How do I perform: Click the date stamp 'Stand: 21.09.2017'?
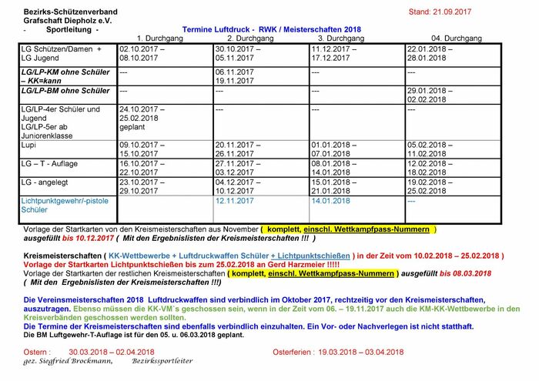[x=439, y=12]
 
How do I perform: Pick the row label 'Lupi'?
[x=30, y=144]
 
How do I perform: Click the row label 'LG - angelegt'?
[x=46, y=182]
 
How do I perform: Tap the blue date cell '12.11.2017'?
[x=235, y=201]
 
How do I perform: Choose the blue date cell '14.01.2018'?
[x=331, y=201]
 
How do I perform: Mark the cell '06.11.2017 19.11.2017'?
[x=235, y=76]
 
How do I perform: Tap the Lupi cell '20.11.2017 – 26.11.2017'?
[x=239, y=149]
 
